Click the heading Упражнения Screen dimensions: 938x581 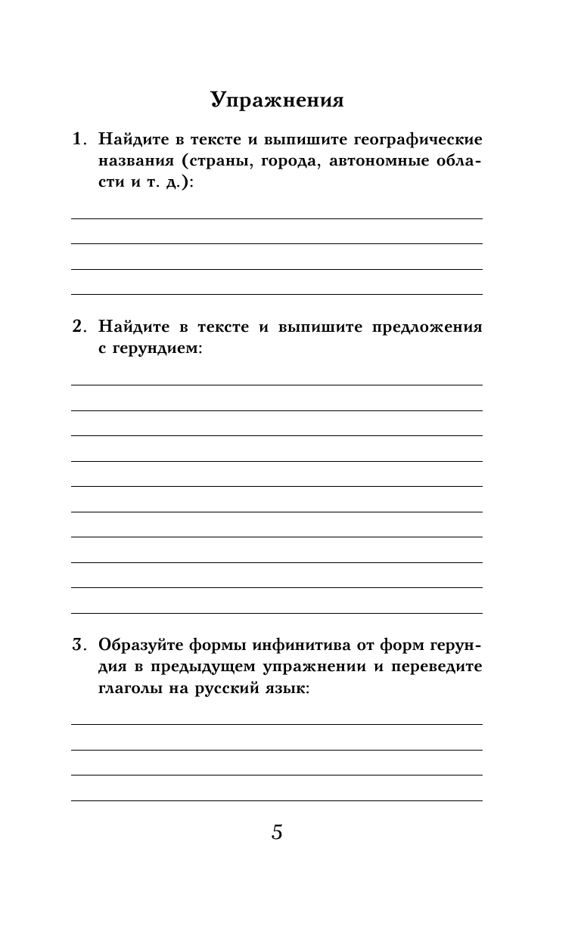tap(277, 101)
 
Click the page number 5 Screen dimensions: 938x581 tap(277, 833)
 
